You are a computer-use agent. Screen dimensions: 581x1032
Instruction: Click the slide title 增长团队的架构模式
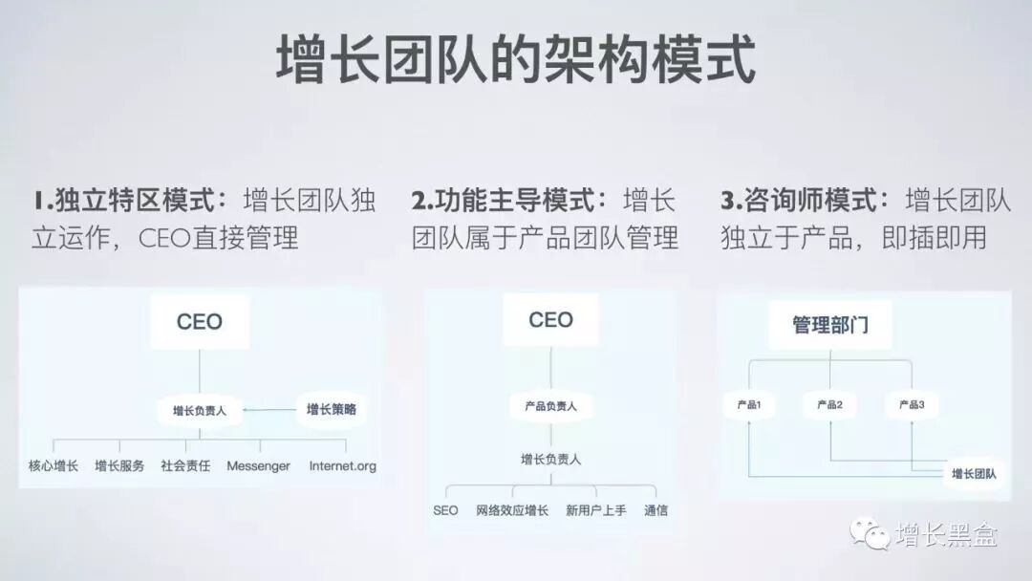516,59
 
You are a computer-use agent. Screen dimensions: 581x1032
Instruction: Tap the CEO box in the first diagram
200,322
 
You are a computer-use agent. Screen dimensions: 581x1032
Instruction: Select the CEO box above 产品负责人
550,319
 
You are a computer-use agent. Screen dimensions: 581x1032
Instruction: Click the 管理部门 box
830,325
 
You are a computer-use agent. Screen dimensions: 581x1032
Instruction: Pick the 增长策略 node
331,409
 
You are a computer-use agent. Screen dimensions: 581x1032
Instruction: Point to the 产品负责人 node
550,406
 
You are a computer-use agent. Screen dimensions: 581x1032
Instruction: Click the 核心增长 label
54,466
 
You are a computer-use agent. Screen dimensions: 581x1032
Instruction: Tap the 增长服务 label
119,466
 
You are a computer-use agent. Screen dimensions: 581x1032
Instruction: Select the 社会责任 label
185,466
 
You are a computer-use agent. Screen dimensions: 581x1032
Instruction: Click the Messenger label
258,466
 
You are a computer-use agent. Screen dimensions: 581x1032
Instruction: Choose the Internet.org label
343,466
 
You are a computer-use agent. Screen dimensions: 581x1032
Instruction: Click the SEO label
445,510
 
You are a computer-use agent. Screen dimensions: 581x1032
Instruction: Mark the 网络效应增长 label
512,510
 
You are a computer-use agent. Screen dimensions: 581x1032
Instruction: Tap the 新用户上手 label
595,510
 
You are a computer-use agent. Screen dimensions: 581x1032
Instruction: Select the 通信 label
656,510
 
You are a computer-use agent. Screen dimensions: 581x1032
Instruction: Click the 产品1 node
748,405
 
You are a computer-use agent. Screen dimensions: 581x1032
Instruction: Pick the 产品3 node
912,405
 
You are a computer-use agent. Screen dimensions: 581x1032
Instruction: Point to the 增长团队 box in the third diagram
974,473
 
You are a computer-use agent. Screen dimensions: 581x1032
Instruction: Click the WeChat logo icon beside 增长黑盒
871,533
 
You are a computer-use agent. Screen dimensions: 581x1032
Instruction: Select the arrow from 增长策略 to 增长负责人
270,410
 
